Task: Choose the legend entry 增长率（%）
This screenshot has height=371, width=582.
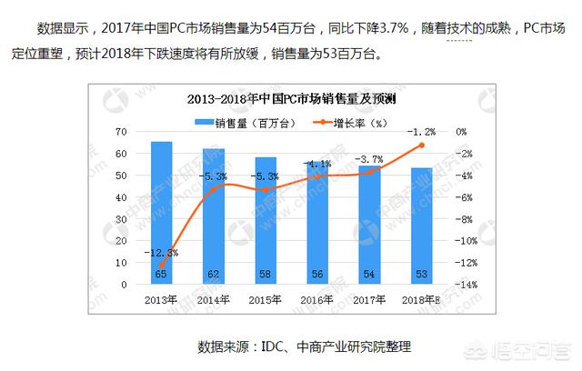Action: [x=352, y=121]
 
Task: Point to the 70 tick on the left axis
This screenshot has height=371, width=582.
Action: [x=119, y=132]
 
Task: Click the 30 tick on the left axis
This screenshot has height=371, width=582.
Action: [x=119, y=219]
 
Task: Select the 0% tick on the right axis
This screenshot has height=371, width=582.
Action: [x=461, y=132]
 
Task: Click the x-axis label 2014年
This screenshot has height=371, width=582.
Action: [x=214, y=299]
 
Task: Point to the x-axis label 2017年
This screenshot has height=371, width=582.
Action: [x=370, y=299]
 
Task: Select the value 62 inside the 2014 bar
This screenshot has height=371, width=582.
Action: [x=214, y=273]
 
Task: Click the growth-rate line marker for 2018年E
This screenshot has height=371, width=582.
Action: [x=422, y=145]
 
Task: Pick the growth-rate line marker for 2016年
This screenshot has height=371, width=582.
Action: [x=318, y=175]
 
